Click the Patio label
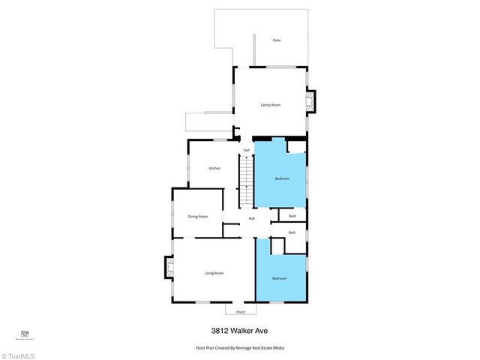click(277, 40)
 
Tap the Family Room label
click(270, 104)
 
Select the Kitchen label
click(214, 169)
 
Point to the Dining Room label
click(198, 216)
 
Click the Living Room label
click(214, 273)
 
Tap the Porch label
click(240, 311)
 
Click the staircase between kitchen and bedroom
click(247, 183)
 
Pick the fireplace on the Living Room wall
click(169, 268)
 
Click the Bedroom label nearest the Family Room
click(282, 178)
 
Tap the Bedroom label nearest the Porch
click(280, 279)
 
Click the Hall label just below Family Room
click(246, 150)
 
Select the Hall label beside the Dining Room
click(252, 218)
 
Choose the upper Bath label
click(292, 216)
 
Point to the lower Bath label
click(292, 232)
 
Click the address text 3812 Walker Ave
click(240, 330)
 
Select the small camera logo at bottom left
click(24, 334)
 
